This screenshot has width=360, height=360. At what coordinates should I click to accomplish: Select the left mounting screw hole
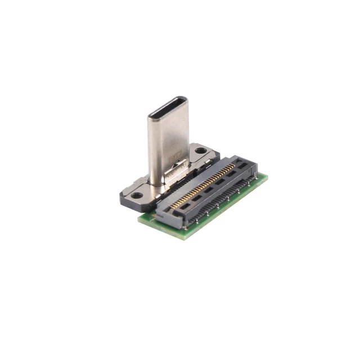point(137,196)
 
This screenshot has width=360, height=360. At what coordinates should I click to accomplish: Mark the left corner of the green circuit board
point(139,217)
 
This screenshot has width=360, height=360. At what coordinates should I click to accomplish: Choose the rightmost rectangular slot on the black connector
point(242,167)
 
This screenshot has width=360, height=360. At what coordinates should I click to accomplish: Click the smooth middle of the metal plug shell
point(167,141)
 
